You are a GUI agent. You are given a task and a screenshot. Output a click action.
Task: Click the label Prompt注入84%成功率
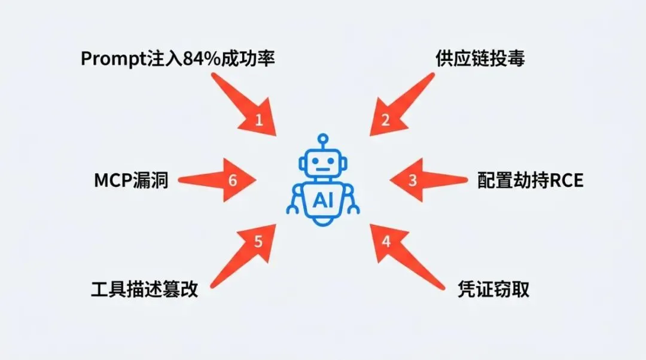(178, 59)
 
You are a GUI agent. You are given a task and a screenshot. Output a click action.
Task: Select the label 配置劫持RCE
(530, 180)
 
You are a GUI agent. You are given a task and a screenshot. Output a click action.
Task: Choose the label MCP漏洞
(131, 180)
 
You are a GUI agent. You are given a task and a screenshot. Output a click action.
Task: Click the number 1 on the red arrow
(258, 120)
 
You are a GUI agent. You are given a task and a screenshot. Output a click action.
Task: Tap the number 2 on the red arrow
(386, 120)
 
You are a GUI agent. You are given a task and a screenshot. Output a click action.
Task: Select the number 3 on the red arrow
(412, 180)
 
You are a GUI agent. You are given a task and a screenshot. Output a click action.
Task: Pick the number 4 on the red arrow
(386, 241)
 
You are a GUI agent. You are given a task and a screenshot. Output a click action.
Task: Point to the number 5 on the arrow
(258, 241)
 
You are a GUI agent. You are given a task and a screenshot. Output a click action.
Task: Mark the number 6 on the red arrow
(233, 180)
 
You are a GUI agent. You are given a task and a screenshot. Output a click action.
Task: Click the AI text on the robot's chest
(323, 200)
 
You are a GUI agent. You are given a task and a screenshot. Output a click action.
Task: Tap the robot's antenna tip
(323, 138)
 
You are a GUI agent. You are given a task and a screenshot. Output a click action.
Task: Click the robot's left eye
(313, 161)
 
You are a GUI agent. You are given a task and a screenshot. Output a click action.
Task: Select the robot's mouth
(323, 169)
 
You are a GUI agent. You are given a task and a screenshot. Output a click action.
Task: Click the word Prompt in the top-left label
(108, 59)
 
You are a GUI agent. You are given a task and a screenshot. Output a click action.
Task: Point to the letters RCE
(565, 180)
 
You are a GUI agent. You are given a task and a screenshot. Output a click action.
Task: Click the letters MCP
(112, 180)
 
